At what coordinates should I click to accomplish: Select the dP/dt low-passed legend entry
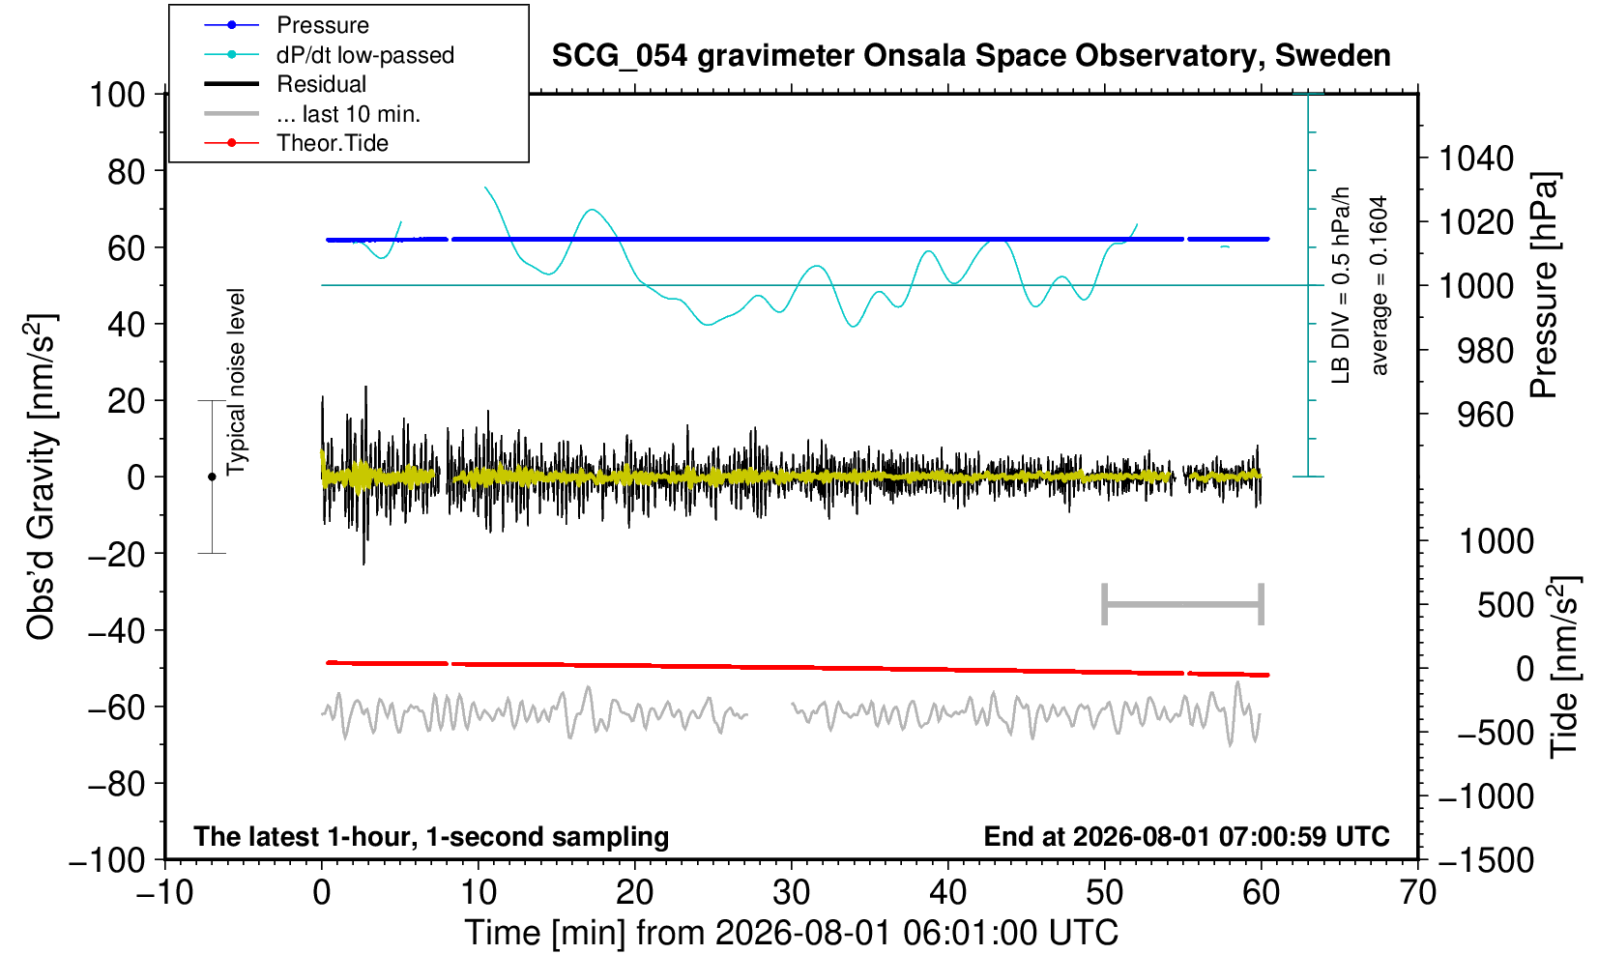(329, 55)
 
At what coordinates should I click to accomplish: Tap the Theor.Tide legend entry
(296, 143)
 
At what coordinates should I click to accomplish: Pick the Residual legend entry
(285, 84)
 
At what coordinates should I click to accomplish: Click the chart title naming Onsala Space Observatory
(971, 55)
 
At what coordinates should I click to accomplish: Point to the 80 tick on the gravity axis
(127, 172)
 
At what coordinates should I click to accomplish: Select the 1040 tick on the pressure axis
(1476, 159)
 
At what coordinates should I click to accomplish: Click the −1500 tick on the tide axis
(1485, 860)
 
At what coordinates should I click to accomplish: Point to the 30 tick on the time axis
(791, 893)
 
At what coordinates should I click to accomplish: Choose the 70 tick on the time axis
(1417, 893)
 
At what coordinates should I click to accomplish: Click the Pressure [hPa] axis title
(1545, 285)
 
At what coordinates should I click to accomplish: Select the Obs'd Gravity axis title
(40, 477)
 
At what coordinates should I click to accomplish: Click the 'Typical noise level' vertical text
(236, 382)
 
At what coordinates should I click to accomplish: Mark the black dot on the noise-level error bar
(212, 477)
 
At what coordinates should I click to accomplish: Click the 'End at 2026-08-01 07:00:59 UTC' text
(1186, 836)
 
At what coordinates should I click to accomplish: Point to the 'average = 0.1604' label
(1380, 285)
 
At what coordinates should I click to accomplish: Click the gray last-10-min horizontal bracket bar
(1183, 604)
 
